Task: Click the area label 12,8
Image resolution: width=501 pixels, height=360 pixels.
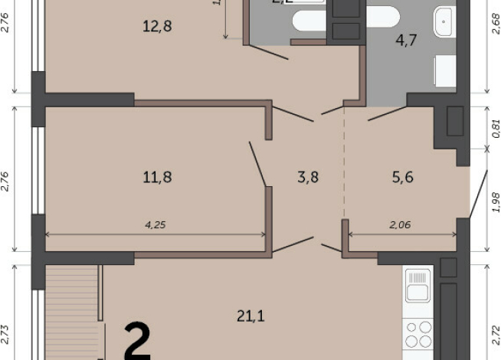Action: click(156, 27)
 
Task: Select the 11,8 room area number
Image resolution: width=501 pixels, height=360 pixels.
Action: click(156, 178)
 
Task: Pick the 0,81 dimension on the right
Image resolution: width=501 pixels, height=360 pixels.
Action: click(495, 126)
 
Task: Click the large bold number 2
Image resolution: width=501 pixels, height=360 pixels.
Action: click(137, 342)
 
